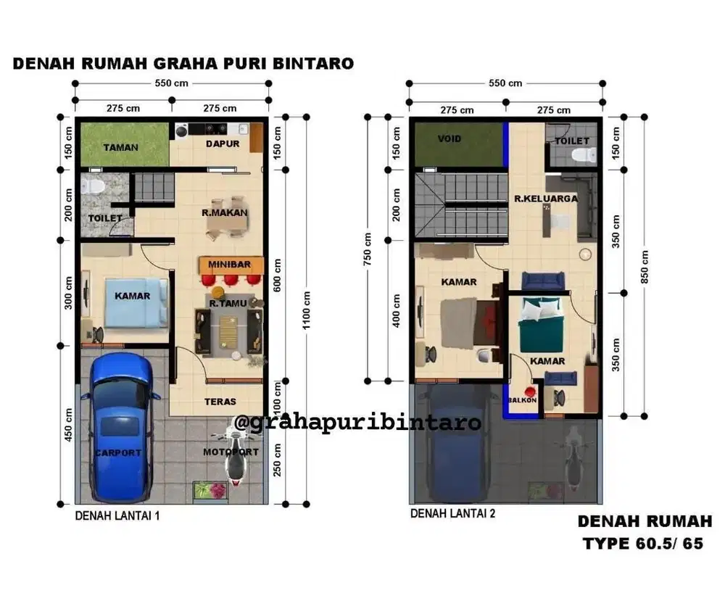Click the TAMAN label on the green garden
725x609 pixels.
[x=120, y=147]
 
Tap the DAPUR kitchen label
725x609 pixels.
[x=223, y=144]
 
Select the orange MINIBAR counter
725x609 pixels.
[x=229, y=265]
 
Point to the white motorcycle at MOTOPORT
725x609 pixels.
[x=233, y=455]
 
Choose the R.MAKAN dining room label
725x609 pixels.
[x=224, y=212]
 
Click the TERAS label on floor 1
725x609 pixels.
[x=220, y=401]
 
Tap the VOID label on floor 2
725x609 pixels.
[x=449, y=138]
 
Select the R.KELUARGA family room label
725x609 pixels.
[x=546, y=198]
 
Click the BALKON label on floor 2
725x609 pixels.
[x=522, y=400]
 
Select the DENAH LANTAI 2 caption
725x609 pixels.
[x=452, y=513]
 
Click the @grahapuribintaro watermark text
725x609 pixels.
[x=358, y=422]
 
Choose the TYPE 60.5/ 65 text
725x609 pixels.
[x=642, y=544]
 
